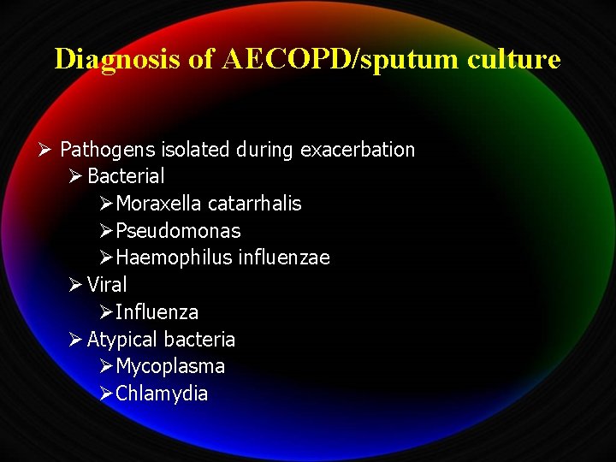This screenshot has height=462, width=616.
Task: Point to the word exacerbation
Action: click(x=358, y=151)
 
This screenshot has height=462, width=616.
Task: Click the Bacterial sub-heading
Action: click(x=126, y=177)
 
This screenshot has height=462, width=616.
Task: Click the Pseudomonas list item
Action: click(x=178, y=231)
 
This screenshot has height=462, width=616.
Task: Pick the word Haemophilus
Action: click(x=174, y=258)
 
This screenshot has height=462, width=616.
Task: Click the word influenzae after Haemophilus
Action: click(x=284, y=258)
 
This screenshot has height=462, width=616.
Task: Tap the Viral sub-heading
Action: click(x=107, y=285)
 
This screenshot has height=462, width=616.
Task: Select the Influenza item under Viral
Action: click(x=157, y=312)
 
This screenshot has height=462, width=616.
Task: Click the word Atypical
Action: click(x=122, y=340)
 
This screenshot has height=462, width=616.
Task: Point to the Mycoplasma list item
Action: click(x=170, y=366)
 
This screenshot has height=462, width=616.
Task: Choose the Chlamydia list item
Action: click(x=162, y=394)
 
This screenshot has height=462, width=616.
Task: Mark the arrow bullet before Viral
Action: click(x=75, y=285)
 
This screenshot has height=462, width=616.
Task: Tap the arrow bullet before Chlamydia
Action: click(x=105, y=394)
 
